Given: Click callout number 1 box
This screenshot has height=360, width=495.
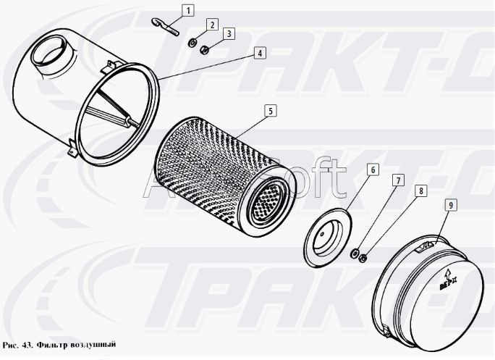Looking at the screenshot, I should [187, 10].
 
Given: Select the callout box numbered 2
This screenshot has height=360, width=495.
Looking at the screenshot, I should [211, 25].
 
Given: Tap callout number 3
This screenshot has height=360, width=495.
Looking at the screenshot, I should [229, 33].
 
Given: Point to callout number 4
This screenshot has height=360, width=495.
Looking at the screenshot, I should [259, 53].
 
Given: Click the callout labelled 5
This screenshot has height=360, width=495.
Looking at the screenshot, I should [269, 111].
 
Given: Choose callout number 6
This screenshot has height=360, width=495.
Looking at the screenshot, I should [372, 169].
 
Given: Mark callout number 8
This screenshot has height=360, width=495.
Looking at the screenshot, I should [420, 191].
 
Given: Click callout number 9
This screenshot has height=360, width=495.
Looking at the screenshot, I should [450, 206].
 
